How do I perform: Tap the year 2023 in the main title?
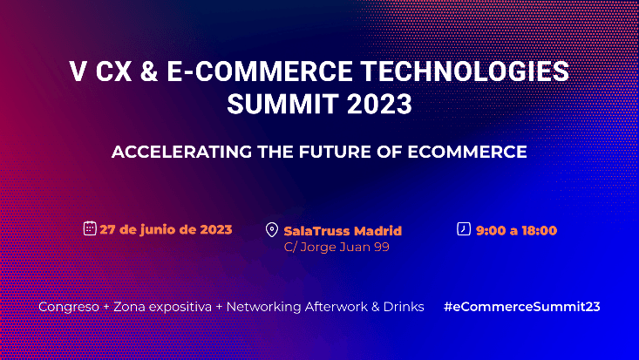(377, 105)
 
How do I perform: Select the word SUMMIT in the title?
(279, 105)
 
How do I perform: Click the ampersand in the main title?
(147, 71)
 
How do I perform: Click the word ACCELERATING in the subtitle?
(178, 152)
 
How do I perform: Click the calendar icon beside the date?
(89, 229)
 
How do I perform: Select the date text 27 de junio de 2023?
(166, 230)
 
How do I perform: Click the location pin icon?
(272, 231)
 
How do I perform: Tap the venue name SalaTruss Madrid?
(343, 231)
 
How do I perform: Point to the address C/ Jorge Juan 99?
(336, 247)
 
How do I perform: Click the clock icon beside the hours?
(464, 229)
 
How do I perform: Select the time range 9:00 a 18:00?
(516, 231)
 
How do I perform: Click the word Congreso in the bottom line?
(69, 307)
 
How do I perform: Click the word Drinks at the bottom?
(404, 307)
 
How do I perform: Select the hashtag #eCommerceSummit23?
(521, 307)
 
